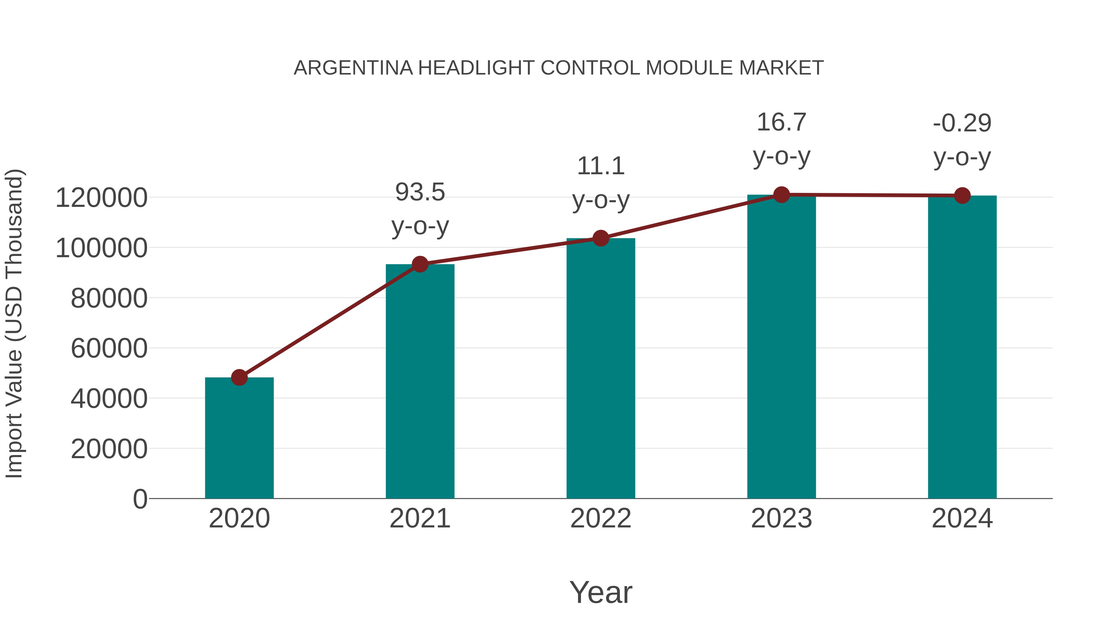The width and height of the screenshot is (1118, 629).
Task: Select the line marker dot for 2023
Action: pyautogui.click(x=781, y=195)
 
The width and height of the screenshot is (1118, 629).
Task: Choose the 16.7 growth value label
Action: pyautogui.click(x=781, y=122)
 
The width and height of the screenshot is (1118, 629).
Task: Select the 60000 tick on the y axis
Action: pyautogui.click(x=109, y=348)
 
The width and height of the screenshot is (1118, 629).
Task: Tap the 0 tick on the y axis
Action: pyautogui.click(x=140, y=499)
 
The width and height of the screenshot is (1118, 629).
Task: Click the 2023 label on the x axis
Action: pyautogui.click(x=781, y=518)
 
